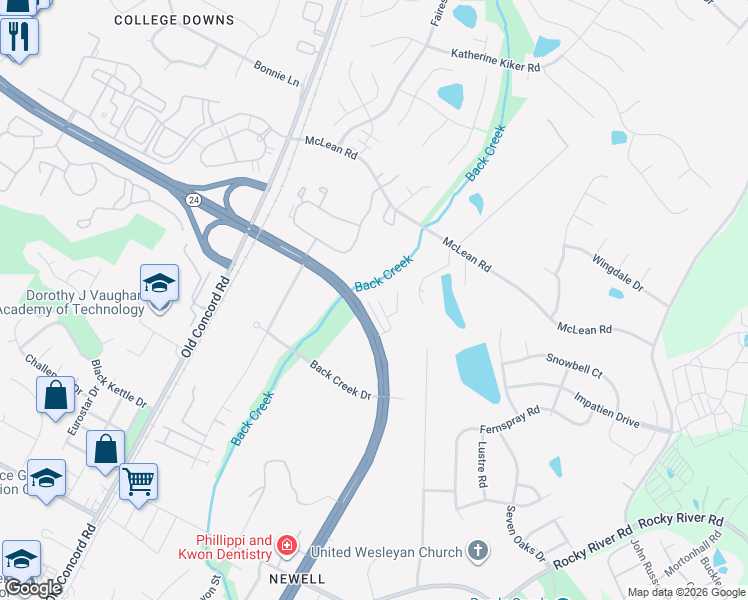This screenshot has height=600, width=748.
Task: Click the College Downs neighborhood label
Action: tap(174, 20)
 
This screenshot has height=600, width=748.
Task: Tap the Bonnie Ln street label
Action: tap(277, 77)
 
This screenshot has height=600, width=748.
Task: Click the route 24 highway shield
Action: tap(191, 200)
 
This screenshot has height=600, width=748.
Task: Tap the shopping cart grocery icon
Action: tap(139, 481)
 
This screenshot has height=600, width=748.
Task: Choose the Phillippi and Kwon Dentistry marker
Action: tap(287, 545)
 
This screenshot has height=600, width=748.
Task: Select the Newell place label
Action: tap(297, 579)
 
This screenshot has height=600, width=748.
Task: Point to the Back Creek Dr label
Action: tap(340, 381)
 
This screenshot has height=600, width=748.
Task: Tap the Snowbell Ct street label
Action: tap(574, 365)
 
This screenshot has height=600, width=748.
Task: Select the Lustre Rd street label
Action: tap(482, 465)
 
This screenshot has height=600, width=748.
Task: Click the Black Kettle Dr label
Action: tap(119, 384)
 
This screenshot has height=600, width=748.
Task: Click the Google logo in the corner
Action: tap(32, 588)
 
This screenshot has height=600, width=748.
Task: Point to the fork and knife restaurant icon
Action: tap(18, 37)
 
